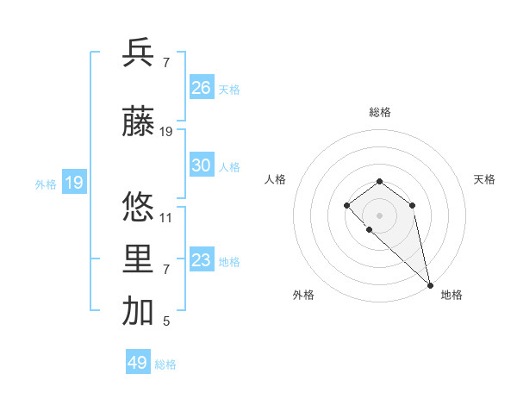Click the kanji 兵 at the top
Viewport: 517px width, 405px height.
coord(138,53)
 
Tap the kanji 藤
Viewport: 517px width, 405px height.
coord(138,121)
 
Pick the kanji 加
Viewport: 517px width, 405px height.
coord(138,312)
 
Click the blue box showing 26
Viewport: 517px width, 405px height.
coord(202,88)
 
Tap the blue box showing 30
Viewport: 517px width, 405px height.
coord(202,165)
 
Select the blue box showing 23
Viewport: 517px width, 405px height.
coord(202,260)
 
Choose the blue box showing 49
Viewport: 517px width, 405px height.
coord(138,363)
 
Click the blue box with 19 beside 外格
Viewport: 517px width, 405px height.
coord(73,183)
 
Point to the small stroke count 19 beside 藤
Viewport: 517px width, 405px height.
coord(166,132)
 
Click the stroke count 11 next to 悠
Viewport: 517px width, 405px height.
coord(166,217)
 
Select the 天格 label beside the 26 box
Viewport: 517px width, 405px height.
coord(228,89)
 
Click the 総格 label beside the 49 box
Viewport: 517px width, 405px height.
coord(165,364)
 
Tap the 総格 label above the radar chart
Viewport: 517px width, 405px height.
coord(379,112)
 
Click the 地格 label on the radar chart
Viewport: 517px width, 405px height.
coord(452,295)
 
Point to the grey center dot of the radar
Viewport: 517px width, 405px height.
coord(379,215)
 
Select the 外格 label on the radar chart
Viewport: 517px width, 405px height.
coord(303,295)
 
